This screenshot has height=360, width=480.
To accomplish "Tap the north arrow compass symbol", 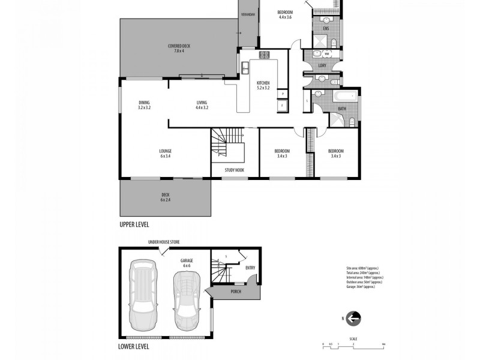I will [354, 318].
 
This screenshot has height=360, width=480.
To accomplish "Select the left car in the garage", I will [143, 294].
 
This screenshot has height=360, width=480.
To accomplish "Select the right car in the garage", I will [186, 300].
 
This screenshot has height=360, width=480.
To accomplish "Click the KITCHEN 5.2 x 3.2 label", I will [263, 85].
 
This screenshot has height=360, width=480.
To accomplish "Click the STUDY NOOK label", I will [234, 170].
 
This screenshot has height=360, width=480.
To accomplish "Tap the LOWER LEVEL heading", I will [134, 346].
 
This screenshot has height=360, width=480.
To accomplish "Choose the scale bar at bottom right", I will [353, 344].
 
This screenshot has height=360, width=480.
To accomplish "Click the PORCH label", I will [236, 292].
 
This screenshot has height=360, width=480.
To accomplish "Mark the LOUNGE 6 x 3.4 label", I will [166, 153].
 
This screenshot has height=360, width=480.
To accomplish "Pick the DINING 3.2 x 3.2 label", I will [144, 105].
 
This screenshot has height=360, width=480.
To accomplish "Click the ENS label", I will [326, 28].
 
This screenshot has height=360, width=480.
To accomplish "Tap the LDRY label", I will [322, 65].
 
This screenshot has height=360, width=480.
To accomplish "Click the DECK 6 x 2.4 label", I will [166, 196].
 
